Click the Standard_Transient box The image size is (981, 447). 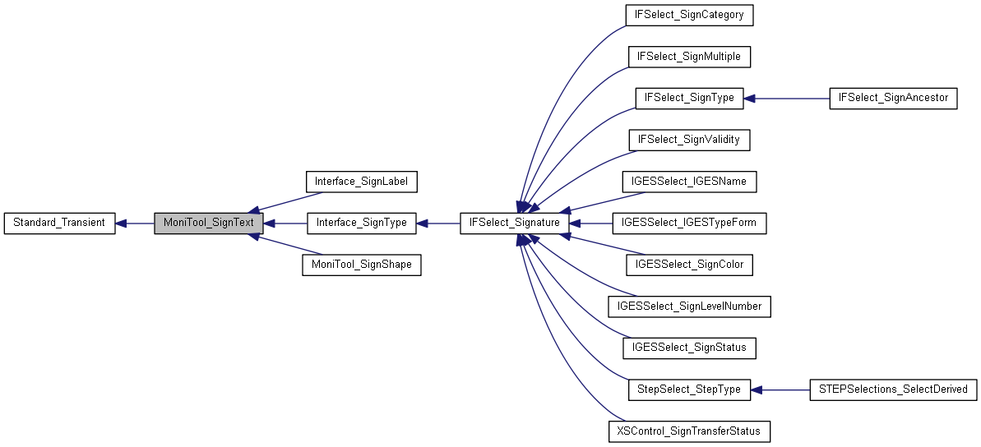point(59,223)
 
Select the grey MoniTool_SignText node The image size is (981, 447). point(208,223)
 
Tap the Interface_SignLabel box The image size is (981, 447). point(362,181)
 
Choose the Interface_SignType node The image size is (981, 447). point(362,223)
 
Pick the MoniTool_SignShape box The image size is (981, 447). point(362,265)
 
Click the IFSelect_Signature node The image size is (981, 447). point(514,223)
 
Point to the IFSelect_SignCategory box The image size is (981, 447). point(689,15)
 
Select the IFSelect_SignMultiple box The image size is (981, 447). point(689,57)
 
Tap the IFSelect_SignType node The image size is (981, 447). point(689,98)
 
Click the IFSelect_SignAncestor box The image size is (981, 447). point(893,98)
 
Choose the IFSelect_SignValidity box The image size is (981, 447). point(689,140)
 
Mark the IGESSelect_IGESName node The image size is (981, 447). point(689,181)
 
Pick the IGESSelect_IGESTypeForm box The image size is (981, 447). point(689,223)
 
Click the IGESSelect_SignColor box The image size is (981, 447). point(689,265)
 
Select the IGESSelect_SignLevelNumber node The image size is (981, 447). point(689,306)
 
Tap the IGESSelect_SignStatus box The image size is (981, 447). point(689,348)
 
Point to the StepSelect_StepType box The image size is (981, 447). point(689,389)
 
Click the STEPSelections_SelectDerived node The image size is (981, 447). point(893,389)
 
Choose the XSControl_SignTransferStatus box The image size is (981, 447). point(689,431)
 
